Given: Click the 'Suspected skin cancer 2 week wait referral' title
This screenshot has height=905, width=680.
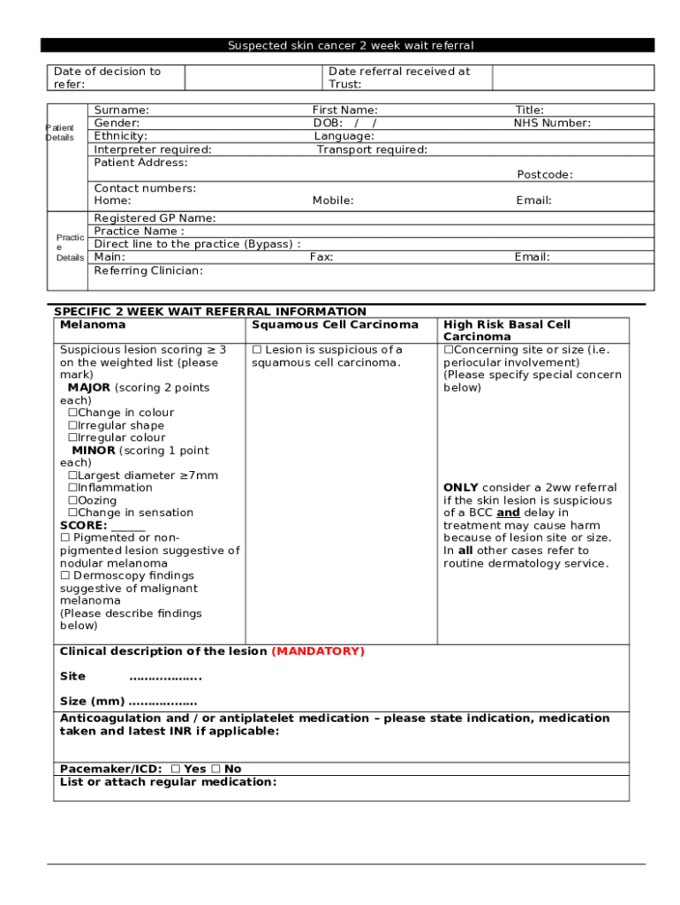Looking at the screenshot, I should click(351, 45).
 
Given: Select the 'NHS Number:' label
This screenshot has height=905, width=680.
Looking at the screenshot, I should click(552, 124).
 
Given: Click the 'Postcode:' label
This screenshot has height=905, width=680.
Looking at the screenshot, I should click(544, 175).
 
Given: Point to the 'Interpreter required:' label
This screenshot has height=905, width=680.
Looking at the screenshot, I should click(153, 149).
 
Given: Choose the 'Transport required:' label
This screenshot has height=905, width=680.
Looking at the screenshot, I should click(372, 149).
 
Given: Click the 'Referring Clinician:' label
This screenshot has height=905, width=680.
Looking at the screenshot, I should click(148, 270).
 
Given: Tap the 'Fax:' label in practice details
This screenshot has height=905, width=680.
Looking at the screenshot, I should click(321, 257).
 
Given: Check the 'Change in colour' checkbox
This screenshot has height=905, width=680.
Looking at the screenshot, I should click(73, 413).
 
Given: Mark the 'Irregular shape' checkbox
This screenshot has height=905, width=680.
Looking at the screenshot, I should click(73, 426).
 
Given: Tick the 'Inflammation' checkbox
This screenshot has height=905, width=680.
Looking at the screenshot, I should click(73, 488).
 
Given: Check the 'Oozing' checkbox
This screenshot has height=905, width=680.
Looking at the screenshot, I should click(73, 501).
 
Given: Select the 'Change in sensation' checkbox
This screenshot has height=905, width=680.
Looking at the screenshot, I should click(73, 513).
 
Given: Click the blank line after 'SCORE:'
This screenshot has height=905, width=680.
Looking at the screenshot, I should click(128, 526).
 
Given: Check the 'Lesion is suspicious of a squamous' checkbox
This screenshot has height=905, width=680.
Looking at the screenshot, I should click(257, 350).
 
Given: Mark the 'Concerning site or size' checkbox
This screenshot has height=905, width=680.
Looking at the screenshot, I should click(448, 350).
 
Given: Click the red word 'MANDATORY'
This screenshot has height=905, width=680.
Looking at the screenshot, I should click(318, 651).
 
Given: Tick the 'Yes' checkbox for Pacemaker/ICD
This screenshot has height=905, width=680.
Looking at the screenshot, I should click(175, 770).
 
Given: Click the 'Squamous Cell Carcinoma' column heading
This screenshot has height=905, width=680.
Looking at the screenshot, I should click(335, 325).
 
